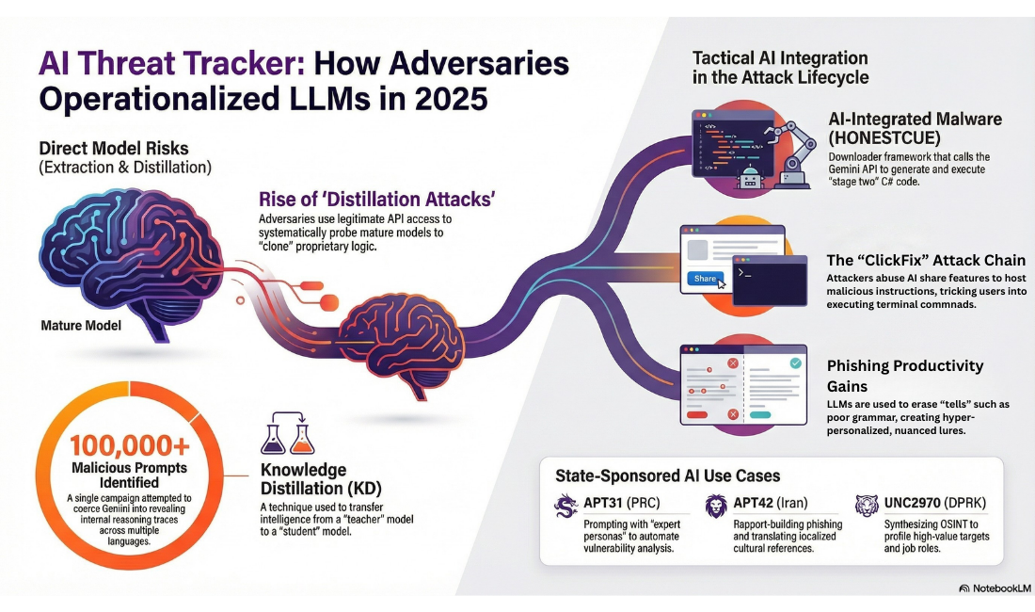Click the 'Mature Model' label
pos(83,326)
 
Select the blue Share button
pos(705,279)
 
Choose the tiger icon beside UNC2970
pos(867,506)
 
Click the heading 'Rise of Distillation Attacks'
pos(376,200)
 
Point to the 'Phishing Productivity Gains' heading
pos(904,375)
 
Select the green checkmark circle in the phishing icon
pos(795,362)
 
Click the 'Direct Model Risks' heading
pos(114,148)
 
